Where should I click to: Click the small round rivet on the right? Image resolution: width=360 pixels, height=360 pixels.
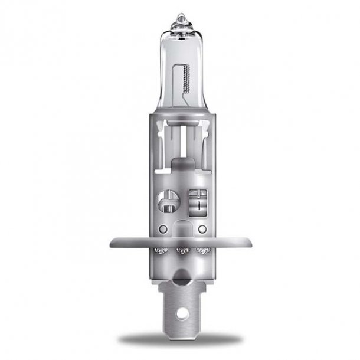point(202,227)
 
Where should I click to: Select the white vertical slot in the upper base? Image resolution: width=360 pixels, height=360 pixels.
point(179,142)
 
